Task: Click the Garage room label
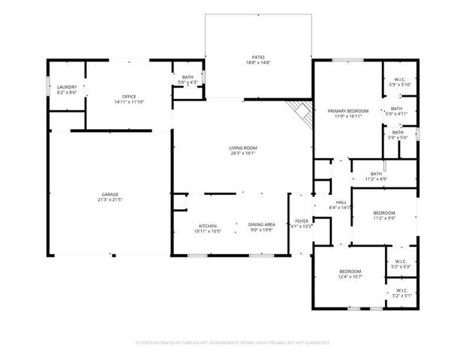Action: pyautogui.click(x=110, y=196)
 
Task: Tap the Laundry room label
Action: pyautogui.click(x=67, y=89)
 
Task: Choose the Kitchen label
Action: pyautogui.click(x=208, y=228)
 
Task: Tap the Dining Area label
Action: pyautogui.click(x=262, y=228)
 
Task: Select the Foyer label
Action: pyautogui.click(x=301, y=223)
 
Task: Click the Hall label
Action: pyautogui.click(x=341, y=204)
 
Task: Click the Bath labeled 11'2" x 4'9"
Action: pyautogui.click(x=376, y=176)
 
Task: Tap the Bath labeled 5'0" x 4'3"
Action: pyautogui.click(x=188, y=79)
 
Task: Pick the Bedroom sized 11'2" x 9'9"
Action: pyautogui.click(x=384, y=216)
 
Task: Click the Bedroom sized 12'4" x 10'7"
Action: pyautogui.click(x=350, y=274)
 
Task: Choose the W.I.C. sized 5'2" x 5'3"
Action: pyautogui.click(x=401, y=264)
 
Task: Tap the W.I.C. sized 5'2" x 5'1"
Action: pyautogui.click(x=401, y=293)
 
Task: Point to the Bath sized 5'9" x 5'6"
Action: pyautogui.click(x=396, y=135)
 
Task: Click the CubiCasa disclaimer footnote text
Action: pyautogui.click(x=233, y=342)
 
